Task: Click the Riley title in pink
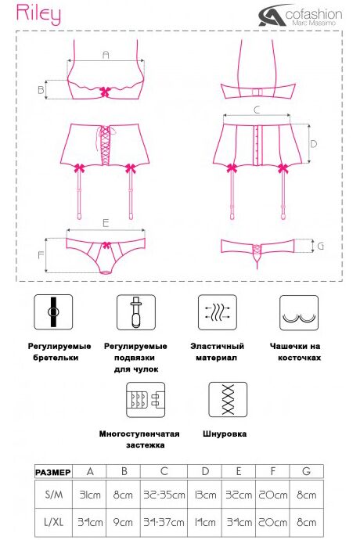[38, 14]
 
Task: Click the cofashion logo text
[314, 14]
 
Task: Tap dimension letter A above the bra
[106, 55]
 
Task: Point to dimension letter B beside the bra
[41, 90]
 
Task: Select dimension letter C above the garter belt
[257, 110]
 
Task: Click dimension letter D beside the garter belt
[313, 144]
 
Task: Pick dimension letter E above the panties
[106, 223]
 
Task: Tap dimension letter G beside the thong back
[321, 246]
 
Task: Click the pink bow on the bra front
[106, 92]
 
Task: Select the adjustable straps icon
[53, 312]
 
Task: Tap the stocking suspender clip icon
[136, 312]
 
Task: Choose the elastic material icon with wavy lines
[218, 312]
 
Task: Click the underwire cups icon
[299, 312]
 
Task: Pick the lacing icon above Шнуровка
[228, 399]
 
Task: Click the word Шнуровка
[225, 434]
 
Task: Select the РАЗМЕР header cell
[53, 473]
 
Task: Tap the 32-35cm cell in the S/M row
[164, 495]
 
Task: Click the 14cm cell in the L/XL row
[205, 522]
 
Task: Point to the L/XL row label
[54, 522]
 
